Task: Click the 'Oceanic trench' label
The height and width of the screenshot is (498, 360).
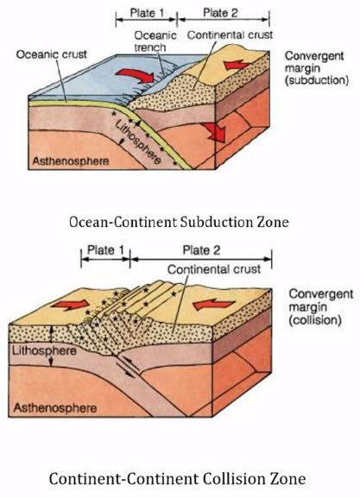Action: [x=155, y=41]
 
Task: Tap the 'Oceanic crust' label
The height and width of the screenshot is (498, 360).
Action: [x=52, y=54]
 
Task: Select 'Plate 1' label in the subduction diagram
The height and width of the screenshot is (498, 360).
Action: [x=147, y=13]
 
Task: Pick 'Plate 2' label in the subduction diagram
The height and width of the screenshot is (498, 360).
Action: [x=220, y=13]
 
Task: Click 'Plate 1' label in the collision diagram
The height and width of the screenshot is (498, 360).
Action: [x=105, y=250]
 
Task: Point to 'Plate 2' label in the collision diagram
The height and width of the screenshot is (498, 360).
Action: [x=201, y=250]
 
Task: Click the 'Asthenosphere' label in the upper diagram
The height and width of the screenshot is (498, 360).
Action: [x=71, y=161]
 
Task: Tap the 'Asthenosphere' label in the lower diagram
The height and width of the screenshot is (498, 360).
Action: [x=55, y=407]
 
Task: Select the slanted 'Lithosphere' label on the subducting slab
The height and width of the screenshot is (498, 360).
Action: [x=137, y=142]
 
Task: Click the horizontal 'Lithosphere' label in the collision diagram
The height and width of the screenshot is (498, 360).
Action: [x=44, y=350]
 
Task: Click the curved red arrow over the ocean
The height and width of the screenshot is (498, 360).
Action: [x=136, y=76]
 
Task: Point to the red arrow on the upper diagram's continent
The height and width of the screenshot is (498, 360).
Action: [x=237, y=65]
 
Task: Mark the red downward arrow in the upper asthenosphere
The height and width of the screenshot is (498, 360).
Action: [x=214, y=132]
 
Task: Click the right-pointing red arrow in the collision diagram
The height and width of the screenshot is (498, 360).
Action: [x=70, y=305]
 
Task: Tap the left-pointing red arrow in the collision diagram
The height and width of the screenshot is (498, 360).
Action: [x=213, y=305]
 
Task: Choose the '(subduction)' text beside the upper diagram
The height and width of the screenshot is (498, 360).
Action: [x=317, y=80]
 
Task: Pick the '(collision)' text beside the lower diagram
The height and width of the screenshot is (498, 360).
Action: [x=315, y=320]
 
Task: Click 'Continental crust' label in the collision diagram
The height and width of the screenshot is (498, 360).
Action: [x=214, y=269]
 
